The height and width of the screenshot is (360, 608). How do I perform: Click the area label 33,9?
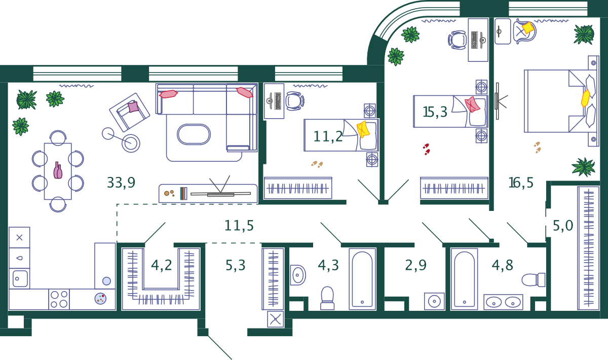pyautogui.click(x=121, y=183)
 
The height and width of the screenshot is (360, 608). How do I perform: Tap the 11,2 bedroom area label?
pyautogui.click(x=328, y=136)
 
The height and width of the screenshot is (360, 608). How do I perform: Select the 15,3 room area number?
pyautogui.click(x=435, y=112)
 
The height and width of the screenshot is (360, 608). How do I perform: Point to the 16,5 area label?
pyautogui.click(x=521, y=183)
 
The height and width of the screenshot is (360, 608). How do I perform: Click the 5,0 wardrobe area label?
pyautogui.click(x=563, y=226)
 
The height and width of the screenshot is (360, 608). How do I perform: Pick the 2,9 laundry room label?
pyautogui.click(x=415, y=265)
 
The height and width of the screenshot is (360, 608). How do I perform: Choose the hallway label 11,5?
pyautogui.click(x=239, y=226)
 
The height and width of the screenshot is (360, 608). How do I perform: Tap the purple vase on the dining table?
pyautogui.click(x=58, y=171)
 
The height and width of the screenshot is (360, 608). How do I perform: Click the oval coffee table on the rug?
pyautogui.click(x=194, y=134)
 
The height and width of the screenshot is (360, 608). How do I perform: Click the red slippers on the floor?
pyautogui.click(x=427, y=149)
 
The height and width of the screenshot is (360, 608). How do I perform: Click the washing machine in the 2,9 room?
pyautogui.click(x=434, y=301)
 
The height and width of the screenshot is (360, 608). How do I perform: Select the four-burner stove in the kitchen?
pyautogui.click(x=59, y=299)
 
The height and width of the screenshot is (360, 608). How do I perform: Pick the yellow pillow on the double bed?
pyautogui.click(x=586, y=98)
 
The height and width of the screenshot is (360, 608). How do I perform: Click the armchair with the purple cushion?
pyautogui.click(x=130, y=112)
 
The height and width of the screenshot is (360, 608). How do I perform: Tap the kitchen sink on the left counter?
pyautogui.click(x=20, y=278)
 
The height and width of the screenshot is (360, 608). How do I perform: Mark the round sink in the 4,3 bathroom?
pyautogui.click(x=297, y=275)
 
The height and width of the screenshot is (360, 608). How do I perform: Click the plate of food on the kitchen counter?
pyautogui.click(x=100, y=299)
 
